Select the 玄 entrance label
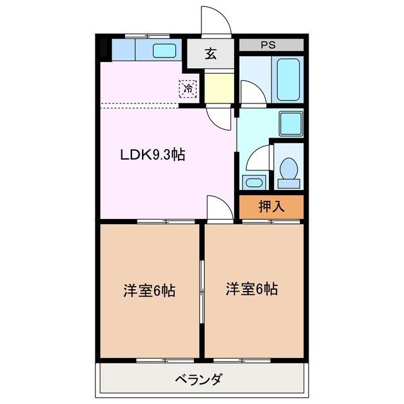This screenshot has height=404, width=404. pyautogui.click(x=210, y=54)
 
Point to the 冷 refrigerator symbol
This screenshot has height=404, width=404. pyautogui.click(x=188, y=89)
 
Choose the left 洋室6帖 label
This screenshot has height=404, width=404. pyautogui.click(x=149, y=291)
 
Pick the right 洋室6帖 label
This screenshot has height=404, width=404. pyautogui.click(x=252, y=289)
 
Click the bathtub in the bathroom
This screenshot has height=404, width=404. pyautogui.click(x=290, y=78)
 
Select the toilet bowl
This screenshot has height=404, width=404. pyautogui.click(x=290, y=169)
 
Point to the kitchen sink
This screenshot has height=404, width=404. pyautogui.click(x=166, y=50)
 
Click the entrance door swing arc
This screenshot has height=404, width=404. pyautogui.click(x=215, y=21)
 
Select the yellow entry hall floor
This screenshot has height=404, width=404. pyautogui.click(x=218, y=88)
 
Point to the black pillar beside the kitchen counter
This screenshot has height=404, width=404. pyautogui.click(x=104, y=48)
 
